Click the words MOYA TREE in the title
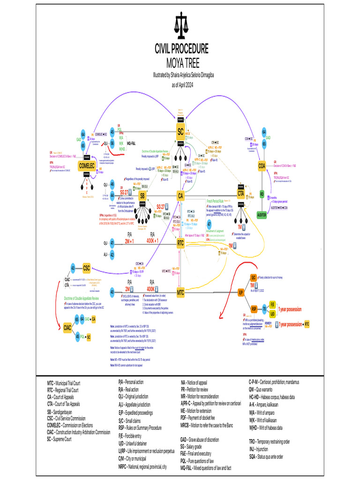pyautogui.click(x=180, y=62)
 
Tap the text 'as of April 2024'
pyautogui.click(x=180, y=84)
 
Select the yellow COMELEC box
pyautogui.click(x=87, y=165)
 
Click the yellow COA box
pyautogui.click(x=262, y=165)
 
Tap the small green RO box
pyautogui.click(x=262, y=194)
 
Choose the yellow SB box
pyautogui.click(x=142, y=195)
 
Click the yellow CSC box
pyautogui.click(x=86, y=268)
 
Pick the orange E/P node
pyautogui.click(x=241, y=292)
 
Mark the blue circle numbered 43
pyautogui.click(x=73, y=268)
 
